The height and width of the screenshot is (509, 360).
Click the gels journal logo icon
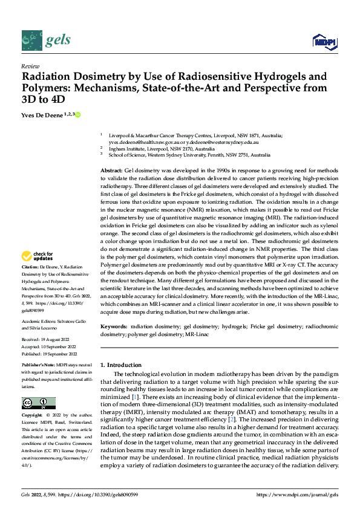pos(31,40)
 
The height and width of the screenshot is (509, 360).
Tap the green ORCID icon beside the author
pos(77,114)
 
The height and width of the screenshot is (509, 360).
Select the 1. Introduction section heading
pos(120,365)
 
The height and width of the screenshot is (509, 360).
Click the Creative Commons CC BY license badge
pos(38,403)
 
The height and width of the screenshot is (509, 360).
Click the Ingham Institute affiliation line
pos(161,148)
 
